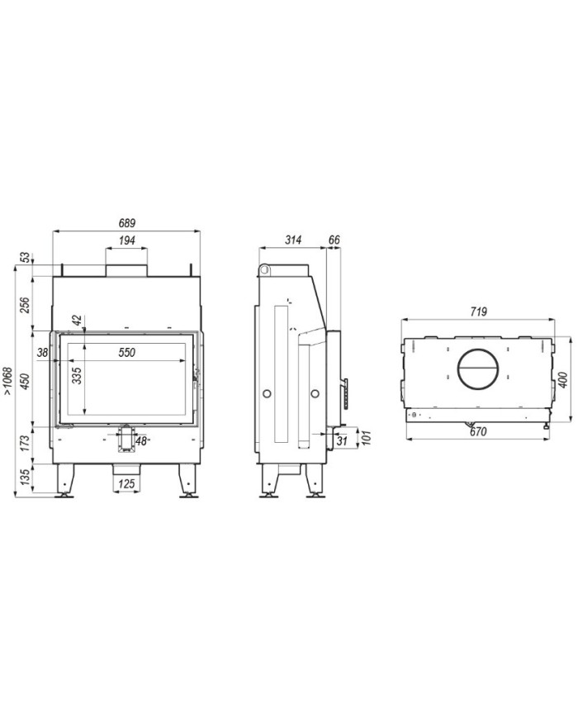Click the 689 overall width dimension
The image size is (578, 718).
point(127,223)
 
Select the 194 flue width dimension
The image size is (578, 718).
point(127,240)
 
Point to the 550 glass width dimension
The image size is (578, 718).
point(127,353)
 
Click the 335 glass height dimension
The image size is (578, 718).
point(77,375)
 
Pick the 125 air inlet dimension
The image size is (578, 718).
point(126,483)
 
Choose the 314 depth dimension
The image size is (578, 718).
point(293,240)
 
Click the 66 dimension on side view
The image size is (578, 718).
point(334,240)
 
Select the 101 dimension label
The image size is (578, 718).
point(366,438)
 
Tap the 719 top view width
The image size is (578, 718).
point(478,312)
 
